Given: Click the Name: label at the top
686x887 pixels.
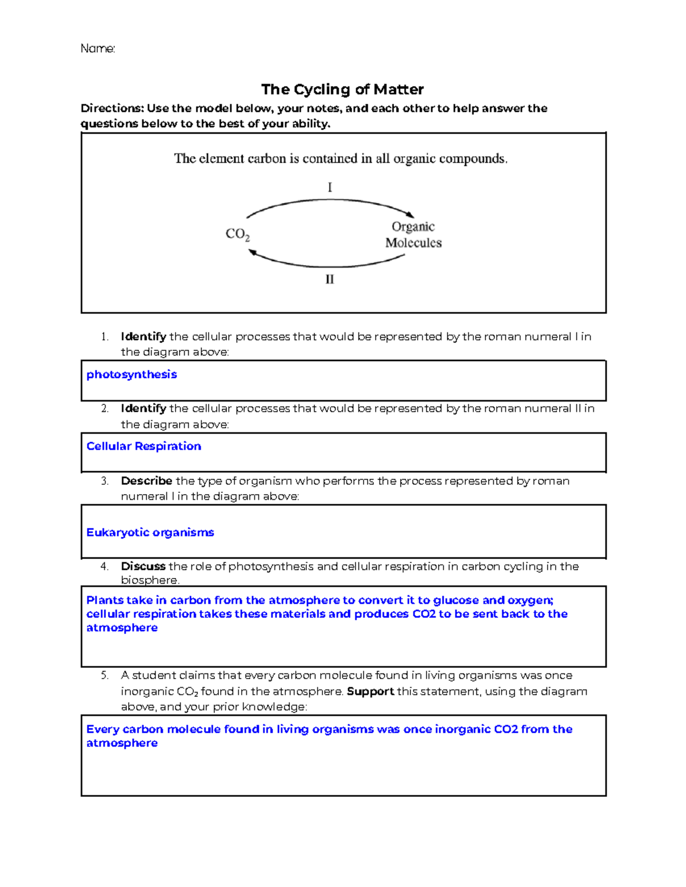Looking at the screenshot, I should [98, 49].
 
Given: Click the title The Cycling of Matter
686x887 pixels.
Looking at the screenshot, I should [342, 90].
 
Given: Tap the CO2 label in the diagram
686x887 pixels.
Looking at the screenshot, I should [237, 234].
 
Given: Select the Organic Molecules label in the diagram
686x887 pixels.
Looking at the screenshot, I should [413, 235].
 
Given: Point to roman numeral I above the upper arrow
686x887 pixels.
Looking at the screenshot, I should [330, 187].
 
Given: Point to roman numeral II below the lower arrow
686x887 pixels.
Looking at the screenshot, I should [330, 279].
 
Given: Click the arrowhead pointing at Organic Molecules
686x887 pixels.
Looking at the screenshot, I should [410, 214].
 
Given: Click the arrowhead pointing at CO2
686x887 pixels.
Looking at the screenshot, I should [252, 252].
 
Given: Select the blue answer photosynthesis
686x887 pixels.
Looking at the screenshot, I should [131, 375].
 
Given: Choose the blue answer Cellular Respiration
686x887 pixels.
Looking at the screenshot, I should [143, 447].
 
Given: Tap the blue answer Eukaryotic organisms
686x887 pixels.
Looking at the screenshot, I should [150, 532].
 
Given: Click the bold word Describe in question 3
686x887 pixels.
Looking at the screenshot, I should [146, 481].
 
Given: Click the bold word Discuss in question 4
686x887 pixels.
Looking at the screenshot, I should [143, 566].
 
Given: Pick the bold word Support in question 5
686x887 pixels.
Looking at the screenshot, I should [370, 691].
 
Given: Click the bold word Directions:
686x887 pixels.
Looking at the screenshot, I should [111, 109].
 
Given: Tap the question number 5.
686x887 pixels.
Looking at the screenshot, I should [104, 676].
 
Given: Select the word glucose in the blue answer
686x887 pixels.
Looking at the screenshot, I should [456, 600].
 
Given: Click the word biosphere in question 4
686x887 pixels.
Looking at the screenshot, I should [149, 580].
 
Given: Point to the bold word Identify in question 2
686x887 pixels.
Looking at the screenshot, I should [143, 408].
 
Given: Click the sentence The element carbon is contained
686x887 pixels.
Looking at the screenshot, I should [340, 159].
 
